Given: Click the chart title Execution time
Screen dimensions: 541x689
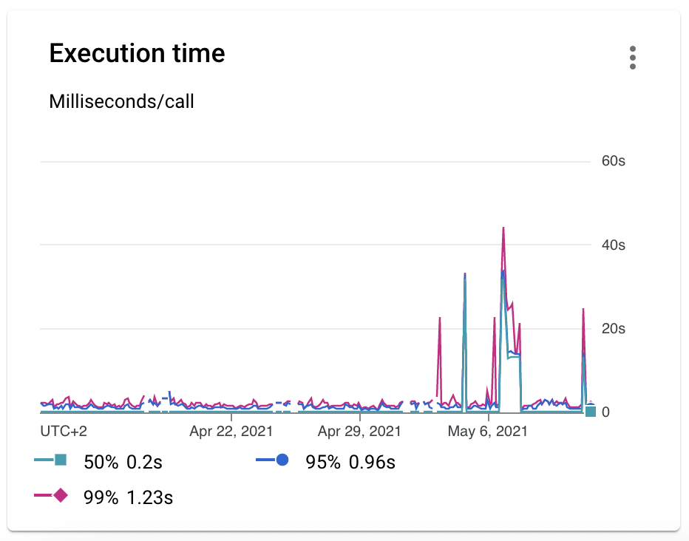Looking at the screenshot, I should (x=137, y=54).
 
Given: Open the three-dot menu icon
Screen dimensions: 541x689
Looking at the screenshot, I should (x=632, y=58).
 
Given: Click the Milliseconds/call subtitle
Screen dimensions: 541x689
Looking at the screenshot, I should (x=121, y=101).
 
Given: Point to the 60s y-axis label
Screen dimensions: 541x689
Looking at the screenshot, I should (x=613, y=161).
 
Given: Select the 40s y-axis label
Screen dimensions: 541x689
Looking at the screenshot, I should (x=613, y=245).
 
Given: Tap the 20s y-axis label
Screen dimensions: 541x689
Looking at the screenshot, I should (x=613, y=329).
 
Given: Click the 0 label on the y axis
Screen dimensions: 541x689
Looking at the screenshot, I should (x=605, y=412).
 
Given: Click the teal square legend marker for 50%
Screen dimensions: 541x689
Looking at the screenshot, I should (x=61, y=460).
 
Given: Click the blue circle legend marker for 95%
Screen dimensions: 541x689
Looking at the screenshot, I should (x=282, y=460).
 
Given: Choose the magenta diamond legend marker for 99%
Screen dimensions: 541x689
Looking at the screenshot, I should (x=61, y=495).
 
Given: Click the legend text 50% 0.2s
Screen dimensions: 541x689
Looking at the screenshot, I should (x=123, y=463).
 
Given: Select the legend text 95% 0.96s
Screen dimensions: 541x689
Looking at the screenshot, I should (x=350, y=463).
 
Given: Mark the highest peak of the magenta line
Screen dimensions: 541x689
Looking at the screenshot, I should (x=503, y=228).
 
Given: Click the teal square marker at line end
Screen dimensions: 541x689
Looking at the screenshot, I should (x=590, y=411).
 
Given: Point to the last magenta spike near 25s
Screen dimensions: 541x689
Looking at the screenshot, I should (x=583, y=309).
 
